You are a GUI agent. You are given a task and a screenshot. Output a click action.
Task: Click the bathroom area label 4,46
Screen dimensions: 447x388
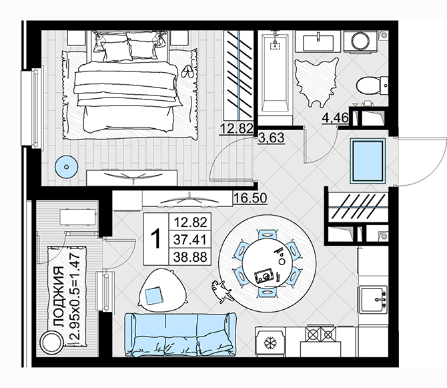335,118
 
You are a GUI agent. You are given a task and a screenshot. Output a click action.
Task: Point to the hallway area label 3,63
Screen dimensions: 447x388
272,138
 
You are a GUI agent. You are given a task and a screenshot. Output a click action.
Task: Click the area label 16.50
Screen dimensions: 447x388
250,198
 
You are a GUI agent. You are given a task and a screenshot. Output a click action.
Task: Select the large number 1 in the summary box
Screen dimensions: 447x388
155,239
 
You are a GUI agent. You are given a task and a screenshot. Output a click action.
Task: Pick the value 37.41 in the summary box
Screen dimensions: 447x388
190,239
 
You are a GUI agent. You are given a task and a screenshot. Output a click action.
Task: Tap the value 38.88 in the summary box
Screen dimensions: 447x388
190,257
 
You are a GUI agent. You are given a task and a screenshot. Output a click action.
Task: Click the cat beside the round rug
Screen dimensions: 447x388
221,291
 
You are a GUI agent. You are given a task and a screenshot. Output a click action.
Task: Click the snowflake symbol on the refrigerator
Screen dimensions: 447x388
270,343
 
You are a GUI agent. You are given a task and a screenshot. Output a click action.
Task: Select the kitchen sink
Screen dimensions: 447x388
373,299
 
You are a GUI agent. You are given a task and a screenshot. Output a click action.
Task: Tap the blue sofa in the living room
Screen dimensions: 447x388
180,335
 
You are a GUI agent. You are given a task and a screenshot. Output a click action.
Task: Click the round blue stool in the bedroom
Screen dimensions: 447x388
67,167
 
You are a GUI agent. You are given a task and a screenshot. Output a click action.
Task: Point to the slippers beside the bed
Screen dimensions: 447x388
187,71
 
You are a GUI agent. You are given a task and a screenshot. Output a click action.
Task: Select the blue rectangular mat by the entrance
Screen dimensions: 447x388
368,160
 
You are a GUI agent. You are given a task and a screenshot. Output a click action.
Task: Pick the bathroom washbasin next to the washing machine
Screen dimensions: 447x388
318,41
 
